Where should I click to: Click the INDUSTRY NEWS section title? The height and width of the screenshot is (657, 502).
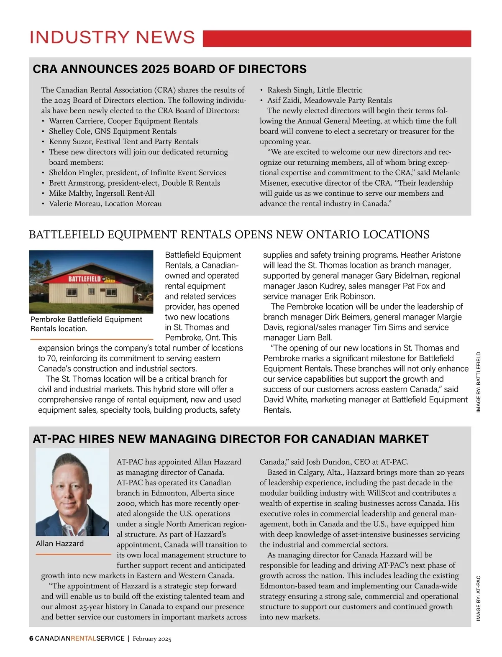112,37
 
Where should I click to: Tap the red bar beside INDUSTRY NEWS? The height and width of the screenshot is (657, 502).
337,38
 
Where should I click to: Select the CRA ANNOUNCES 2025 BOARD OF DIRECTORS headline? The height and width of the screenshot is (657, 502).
169,69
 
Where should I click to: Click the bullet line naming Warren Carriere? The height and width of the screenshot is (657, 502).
123,121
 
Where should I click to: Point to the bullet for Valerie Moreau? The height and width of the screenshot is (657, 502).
105,204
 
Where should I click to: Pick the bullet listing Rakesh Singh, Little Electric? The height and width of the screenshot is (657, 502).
315,90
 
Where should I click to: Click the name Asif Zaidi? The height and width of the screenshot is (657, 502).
283,100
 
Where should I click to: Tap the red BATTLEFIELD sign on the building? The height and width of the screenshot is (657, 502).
85,279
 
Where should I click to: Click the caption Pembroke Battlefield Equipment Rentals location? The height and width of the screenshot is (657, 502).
86,324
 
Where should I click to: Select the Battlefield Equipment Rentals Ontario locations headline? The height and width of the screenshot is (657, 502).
229,235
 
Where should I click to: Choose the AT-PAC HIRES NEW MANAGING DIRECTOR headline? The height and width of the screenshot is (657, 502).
231,439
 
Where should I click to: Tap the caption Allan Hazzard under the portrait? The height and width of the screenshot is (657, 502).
60,544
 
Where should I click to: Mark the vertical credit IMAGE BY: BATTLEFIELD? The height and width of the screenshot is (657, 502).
479,382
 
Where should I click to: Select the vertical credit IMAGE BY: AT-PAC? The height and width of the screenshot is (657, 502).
479,598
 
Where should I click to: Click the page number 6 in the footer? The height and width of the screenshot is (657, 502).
31,639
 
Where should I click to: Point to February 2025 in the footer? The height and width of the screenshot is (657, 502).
152,639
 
